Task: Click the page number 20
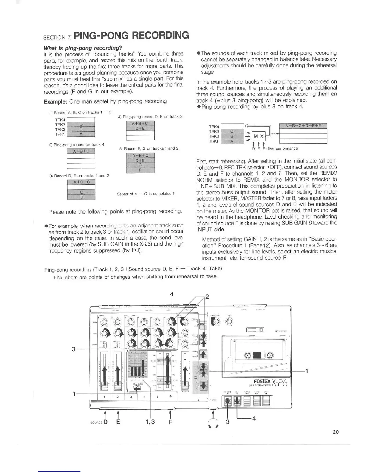[335, 432]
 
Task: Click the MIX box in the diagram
[259, 137]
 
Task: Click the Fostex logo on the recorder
[262, 382]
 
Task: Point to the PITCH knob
[229, 321]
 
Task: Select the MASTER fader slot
[185, 371]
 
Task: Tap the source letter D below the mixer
[105, 422]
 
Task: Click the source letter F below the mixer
[170, 422]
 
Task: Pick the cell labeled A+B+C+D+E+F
[303, 126]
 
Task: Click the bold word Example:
[54, 101]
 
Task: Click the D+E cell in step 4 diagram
[140, 128]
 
